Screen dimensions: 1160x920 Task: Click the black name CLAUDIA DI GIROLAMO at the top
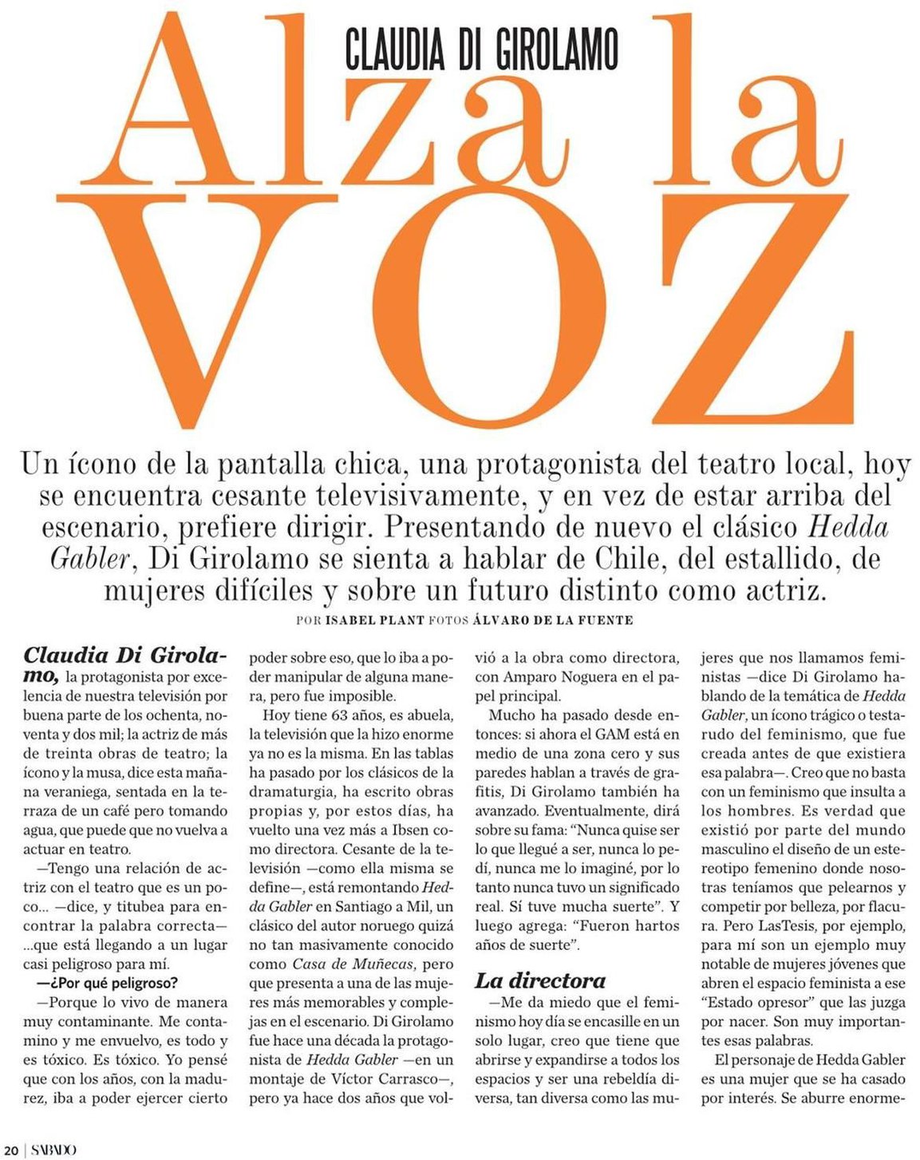pos(481,47)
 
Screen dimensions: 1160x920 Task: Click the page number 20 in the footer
pos(10,1150)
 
